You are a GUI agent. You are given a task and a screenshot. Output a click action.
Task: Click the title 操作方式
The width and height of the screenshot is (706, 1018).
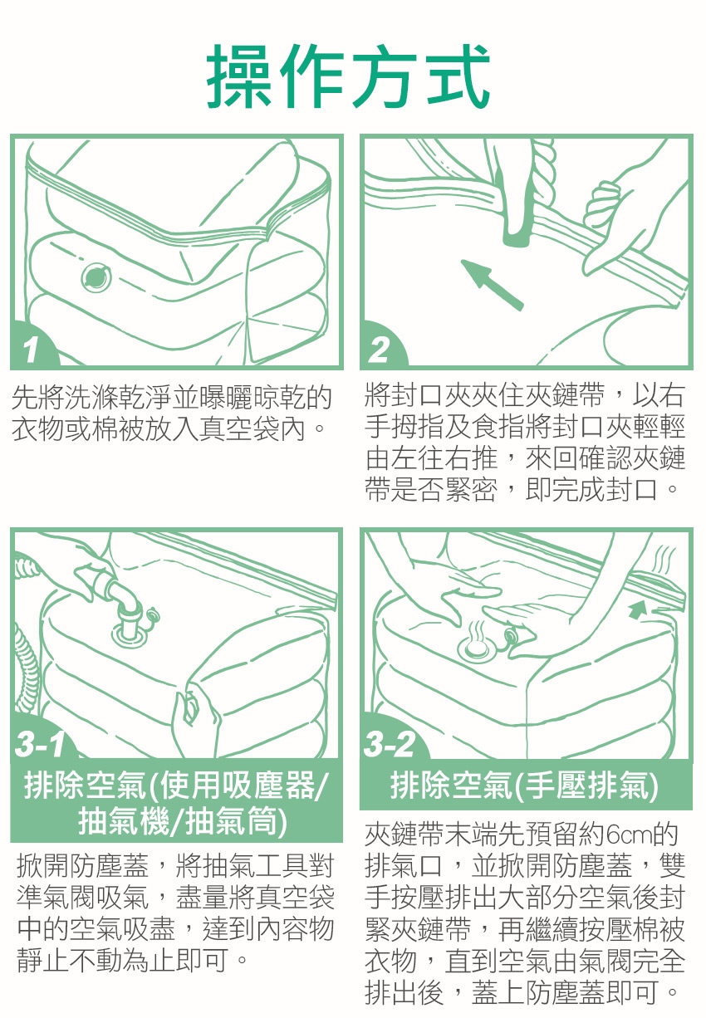[x=348, y=76]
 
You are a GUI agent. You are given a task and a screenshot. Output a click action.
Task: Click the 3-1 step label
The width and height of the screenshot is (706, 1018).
[x=40, y=744]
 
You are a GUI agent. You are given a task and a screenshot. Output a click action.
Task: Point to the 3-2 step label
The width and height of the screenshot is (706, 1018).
[x=390, y=744]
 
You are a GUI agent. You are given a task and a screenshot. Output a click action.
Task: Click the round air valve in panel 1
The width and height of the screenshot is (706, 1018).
[x=96, y=277]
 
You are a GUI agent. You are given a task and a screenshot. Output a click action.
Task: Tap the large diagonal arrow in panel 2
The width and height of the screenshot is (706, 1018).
[x=492, y=285]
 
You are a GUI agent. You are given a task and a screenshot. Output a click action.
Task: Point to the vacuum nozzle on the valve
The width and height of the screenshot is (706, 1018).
[x=126, y=604]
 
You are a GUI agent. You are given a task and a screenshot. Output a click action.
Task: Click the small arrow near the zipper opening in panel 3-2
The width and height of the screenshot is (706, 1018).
[x=637, y=609]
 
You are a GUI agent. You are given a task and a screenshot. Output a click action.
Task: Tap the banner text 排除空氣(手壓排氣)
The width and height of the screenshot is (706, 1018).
[x=524, y=786]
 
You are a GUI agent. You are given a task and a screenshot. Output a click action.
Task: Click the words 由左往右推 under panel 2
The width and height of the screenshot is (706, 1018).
[x=432, y=458]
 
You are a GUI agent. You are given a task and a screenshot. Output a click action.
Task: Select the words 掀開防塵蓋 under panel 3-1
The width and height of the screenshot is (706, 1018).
[x=83, y=866]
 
